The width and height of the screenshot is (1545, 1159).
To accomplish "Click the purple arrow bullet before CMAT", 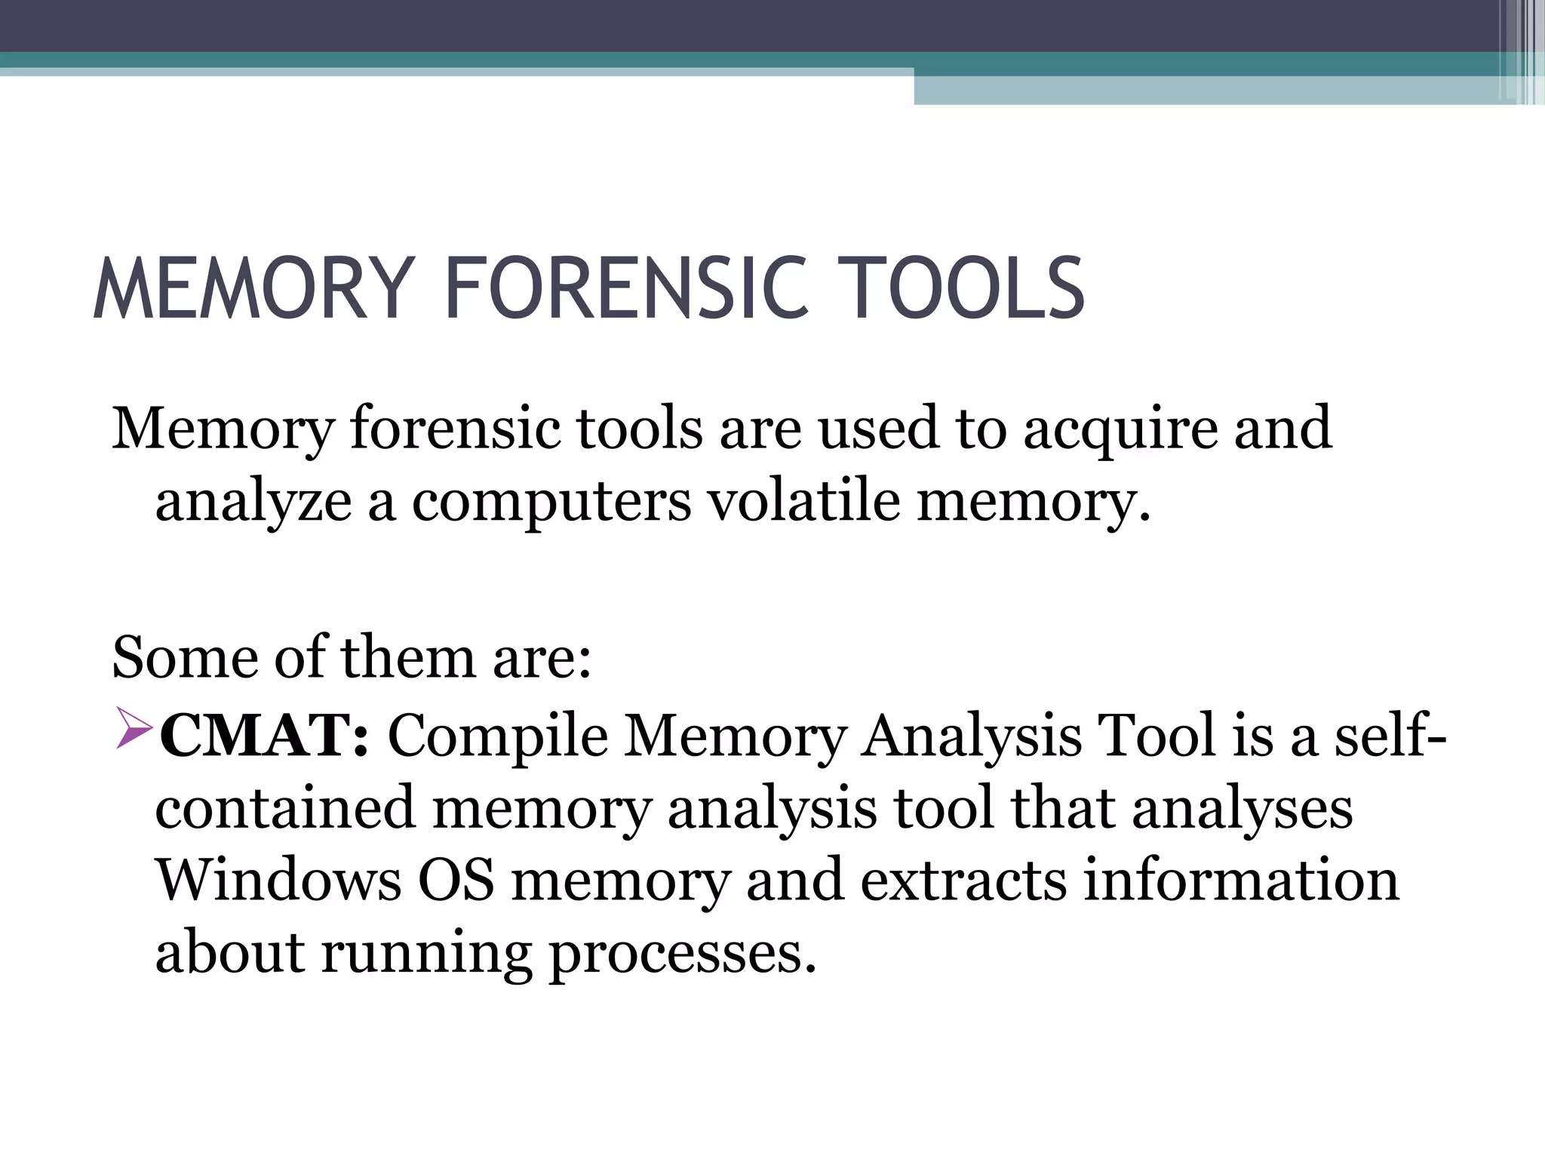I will click(x=134, y=732).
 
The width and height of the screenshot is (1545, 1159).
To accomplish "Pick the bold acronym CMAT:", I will click(x=264, y=736).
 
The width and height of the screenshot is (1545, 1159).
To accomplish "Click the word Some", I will click(x=184, y=658).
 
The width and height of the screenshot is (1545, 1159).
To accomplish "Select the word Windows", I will click(x=278, y=881).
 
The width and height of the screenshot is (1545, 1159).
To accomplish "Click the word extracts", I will click(x=963, y=881).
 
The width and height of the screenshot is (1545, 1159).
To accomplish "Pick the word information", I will click(x=1241, y=881).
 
